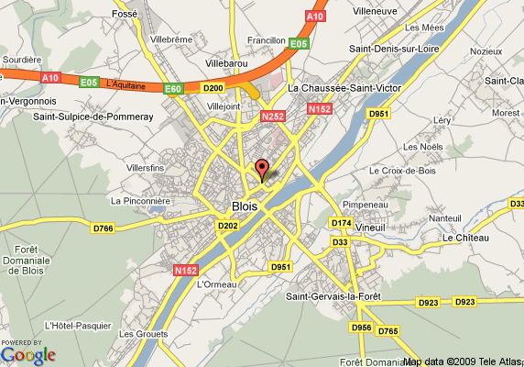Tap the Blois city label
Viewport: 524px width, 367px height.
point(246,206)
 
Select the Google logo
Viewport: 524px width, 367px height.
point(28,355)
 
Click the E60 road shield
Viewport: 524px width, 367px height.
point(173,89)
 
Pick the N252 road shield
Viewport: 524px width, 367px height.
point(273,117)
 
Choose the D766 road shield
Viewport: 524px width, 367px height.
point(104,228)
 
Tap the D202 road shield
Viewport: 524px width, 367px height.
point(227,226)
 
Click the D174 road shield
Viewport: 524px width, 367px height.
point(341,223)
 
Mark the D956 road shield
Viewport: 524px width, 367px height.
point(361,328)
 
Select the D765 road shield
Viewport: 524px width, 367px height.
point(388,330)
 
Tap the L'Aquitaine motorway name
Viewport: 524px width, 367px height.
point(126,84)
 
